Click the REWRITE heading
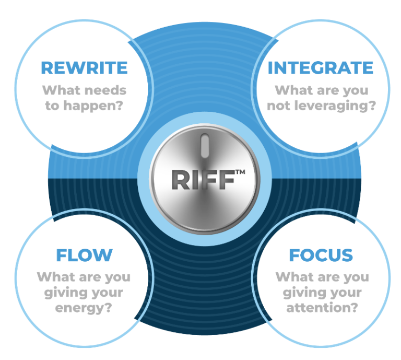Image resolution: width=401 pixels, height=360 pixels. click(x=84, y=68)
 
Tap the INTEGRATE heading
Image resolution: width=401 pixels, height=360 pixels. click(x=321, y=68)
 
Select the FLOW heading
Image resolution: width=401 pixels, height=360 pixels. click(x=84, y=255)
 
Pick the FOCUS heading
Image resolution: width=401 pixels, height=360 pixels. click(x=321, y=255)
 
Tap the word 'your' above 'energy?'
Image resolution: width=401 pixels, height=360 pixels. click(x=107, y=293)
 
